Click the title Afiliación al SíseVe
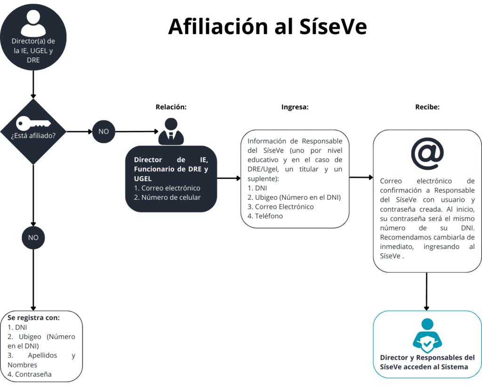[x=267, y=26]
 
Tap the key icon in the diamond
[x=33, y=123]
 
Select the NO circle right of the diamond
[x=104, y=131]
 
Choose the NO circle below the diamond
[x=33, y=238]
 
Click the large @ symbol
[x=427, y=153]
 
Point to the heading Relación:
[x=171, y=107]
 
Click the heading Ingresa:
[x=295, y=107]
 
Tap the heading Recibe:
[x=427, y=107]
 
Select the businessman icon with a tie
[x=171, y=131]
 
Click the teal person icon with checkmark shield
[x=427, y=336]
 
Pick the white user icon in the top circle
[x=33, y=23]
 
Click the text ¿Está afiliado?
[x=33, y=136]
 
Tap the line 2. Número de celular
[x=167, y=197]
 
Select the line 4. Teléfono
[x=265, y=216]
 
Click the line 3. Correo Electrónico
[x=281, y=207]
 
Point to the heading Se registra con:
[x=33, y=318]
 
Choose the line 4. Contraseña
[x=30, y=374]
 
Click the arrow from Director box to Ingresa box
[x=229, y=178]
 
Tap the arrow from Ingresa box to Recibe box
[x=361, y=177]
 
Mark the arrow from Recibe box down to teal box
[x=426, y=291]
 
